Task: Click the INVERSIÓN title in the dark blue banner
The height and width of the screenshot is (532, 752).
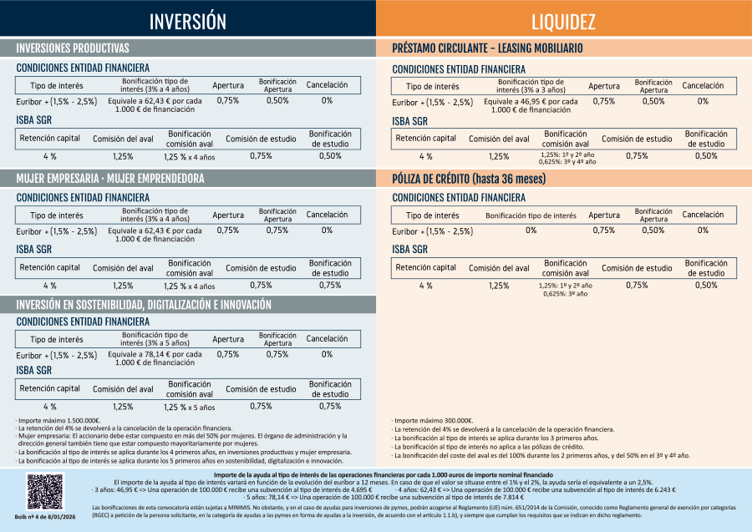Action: click(x=188, y=21)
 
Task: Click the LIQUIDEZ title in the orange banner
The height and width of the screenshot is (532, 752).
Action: click(x=563, y=21)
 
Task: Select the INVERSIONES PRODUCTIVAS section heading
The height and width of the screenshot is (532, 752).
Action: click(x=73, y=48)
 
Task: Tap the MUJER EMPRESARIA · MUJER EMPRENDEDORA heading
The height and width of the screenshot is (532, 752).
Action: click(x=110, y=179)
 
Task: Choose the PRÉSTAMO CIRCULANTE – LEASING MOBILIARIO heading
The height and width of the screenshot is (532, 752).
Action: click(x=487, y=48)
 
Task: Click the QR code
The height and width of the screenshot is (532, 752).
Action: click(x=44, y=491)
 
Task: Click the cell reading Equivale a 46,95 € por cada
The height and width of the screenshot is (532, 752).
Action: click(x=531, y=101)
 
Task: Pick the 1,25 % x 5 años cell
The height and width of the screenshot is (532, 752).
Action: click(x=189, y=407)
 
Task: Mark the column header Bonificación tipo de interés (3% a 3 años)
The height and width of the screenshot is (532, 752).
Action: click(x=531, y=86)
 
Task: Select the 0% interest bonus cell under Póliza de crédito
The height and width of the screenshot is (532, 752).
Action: click(x=531, y=230)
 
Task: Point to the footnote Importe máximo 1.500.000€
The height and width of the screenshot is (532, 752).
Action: click(x=58, y=421)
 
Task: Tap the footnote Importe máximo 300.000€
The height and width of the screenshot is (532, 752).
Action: click(x=433, y=421)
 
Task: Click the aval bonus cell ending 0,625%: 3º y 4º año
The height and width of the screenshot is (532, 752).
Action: click(x=567, y=158)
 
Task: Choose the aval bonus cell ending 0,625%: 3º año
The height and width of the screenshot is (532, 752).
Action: click(x=567, y=289)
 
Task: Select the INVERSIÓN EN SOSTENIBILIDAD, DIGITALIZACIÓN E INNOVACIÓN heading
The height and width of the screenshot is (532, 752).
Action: click(x=144, y=306)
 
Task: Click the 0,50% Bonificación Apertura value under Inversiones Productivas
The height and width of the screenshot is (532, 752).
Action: click(x=277, y=100)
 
